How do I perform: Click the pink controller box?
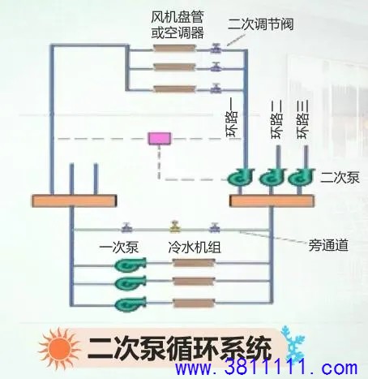160,138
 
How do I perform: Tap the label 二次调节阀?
260,24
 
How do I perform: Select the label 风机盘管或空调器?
178,25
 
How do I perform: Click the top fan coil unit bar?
174,48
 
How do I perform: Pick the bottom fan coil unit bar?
174,88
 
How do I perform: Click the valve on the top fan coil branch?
216,48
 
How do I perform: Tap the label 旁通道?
328,246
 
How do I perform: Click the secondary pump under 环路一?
241,177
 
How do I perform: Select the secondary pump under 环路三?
302,177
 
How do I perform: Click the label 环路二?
276,119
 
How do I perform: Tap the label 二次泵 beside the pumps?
340,178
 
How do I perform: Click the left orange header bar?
75,200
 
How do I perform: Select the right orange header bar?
272,200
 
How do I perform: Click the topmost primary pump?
131,265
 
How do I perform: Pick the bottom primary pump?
131,304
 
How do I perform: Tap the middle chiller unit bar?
194,282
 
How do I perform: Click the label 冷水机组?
195,247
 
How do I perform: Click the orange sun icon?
59,349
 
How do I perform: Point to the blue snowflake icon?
293,343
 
